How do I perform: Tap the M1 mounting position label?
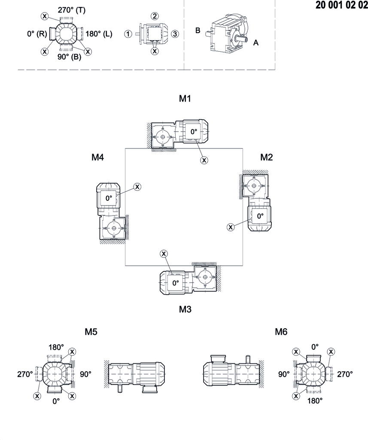click(185, 98)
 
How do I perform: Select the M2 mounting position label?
click(266, 157)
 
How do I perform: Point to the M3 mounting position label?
click(185, 309)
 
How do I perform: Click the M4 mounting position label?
click(97, 157)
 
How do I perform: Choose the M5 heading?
click(91, 332)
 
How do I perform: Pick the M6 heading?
click(281, 332)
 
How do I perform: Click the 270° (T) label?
click(71, 10)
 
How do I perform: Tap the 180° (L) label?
click(99, 34)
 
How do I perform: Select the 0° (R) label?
click(37, 34)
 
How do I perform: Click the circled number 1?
click(128, 34)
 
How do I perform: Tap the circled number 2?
click(155, 16)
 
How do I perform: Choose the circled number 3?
click(174, 34)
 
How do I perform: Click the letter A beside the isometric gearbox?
click(256, 43)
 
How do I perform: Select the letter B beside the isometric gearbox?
click(198, 31)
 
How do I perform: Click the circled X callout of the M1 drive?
click(204, 160)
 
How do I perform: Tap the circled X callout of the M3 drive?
click(163, 253)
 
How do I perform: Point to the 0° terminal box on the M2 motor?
click(260, 216)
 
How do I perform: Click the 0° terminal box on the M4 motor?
click(109, 198)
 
